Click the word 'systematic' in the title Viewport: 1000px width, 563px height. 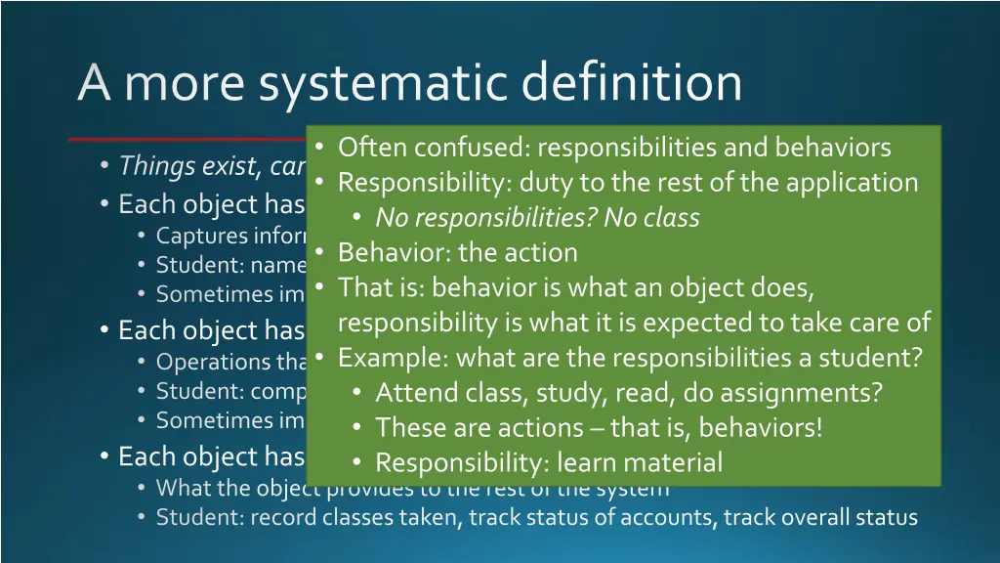tap(383, 83)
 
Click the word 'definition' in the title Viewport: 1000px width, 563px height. tap(632, 83)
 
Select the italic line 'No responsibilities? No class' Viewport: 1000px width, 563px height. tap(537, 217)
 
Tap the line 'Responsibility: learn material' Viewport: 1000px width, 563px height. tap(549, 462)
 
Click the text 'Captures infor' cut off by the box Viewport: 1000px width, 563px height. tap(230, 236)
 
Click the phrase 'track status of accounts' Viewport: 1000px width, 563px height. tap(593, 517)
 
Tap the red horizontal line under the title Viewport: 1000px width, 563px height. tap(186, 140)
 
